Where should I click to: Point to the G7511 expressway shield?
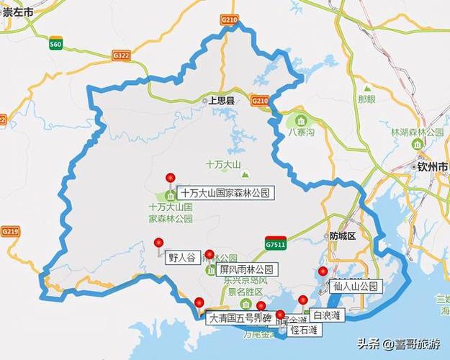pyautogui.click(x=274, y=243)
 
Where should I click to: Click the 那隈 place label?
pyautogui.click(x=366, y=98)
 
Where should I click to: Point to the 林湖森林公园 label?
pyautogui.click(x=417, y=132)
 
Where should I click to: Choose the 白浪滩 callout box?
pyautogui.click(x=326, y=315)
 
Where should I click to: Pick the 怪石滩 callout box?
pyautogui.click(x=305, y=330)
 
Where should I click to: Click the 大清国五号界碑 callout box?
pyautogui.click(x=238, y=317)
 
